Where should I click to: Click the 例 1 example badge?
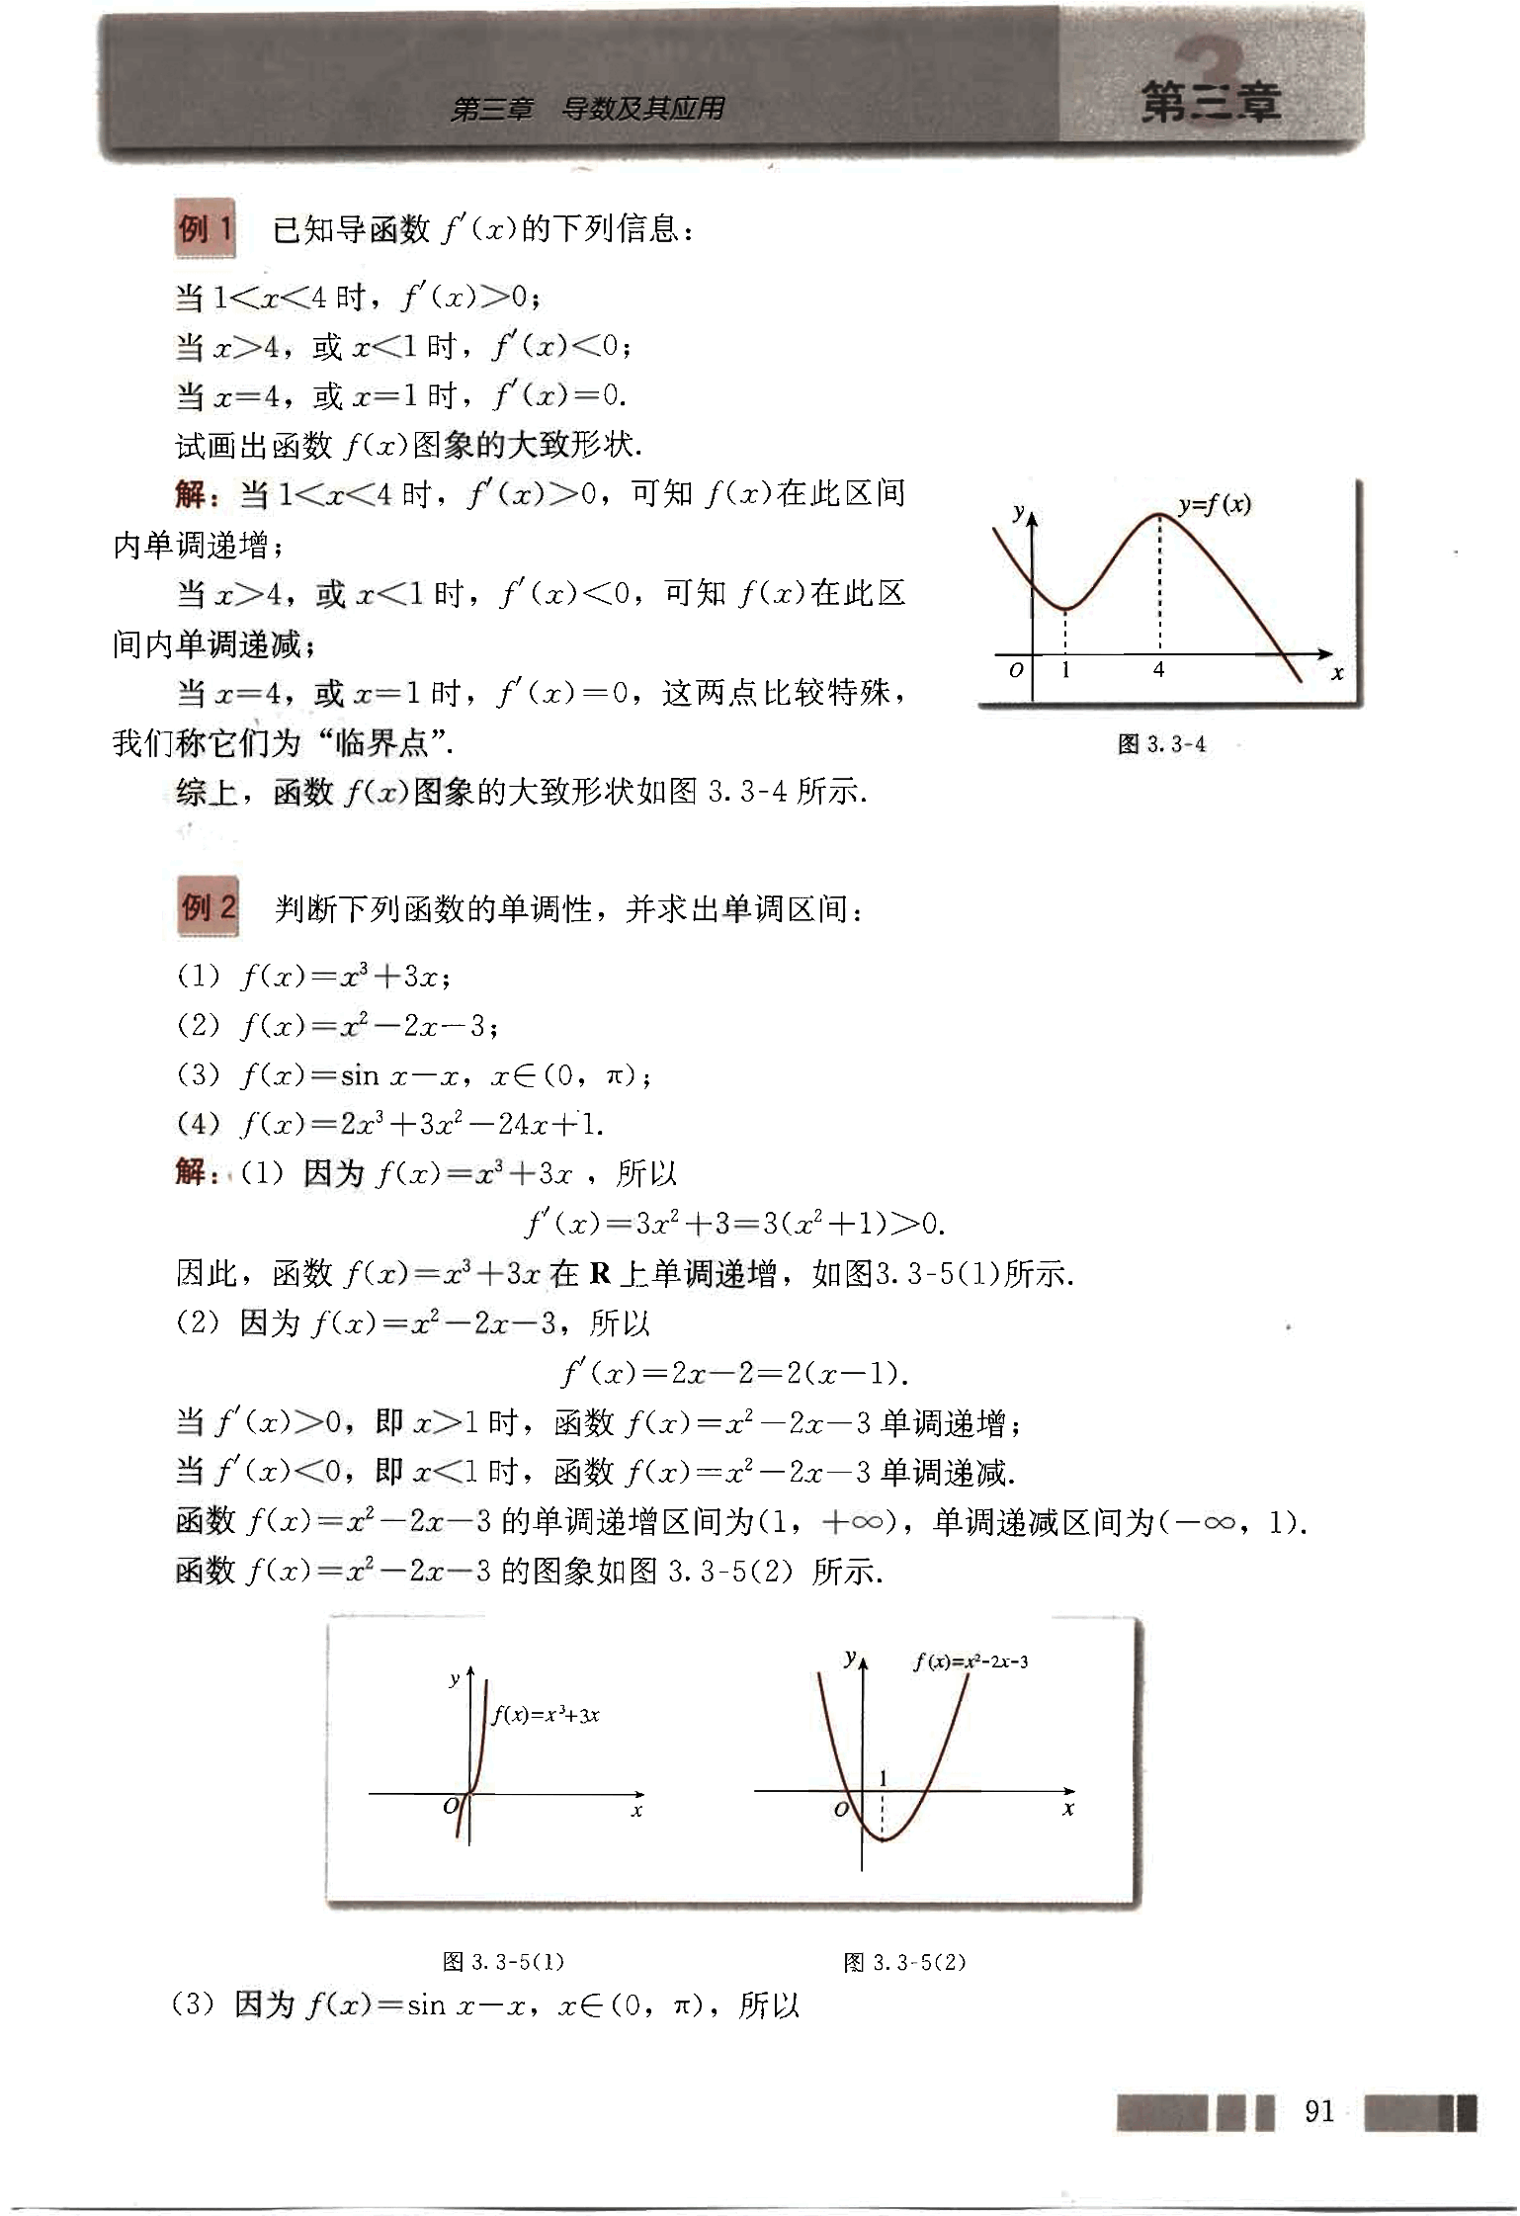206,229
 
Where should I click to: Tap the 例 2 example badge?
208,906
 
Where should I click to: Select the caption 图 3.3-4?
1161,744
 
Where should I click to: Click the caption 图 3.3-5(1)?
504,1961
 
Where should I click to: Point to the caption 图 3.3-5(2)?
904,1961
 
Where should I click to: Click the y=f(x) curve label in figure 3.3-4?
1215,505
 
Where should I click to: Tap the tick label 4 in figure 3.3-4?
1158,670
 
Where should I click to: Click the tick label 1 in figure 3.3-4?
1065,670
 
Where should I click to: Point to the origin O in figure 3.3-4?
1016,670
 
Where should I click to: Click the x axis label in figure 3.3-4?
1336,674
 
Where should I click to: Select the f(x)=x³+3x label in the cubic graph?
546,1715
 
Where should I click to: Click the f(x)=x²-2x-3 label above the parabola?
971,1662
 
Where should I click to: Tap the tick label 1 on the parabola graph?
883,1778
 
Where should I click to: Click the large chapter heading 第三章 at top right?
1211,102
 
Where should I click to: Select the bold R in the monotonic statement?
600,1273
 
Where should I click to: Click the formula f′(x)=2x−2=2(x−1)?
735,1373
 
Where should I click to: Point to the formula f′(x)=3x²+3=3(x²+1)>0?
735,1224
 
